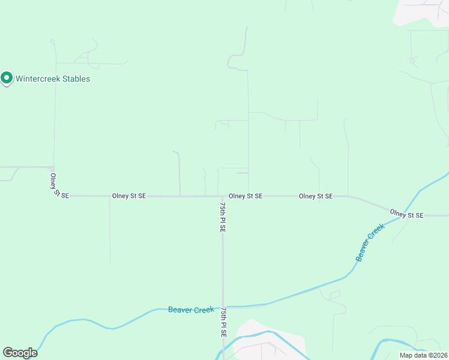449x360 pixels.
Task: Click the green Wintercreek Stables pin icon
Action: tap(7, 78)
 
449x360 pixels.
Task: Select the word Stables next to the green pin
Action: tap(77, 79)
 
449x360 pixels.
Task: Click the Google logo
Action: tap(20, 352)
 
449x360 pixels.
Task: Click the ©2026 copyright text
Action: tap(438, 355)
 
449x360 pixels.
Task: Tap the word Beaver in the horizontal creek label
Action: tap(180, 310)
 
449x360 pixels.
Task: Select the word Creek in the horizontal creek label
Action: tap(204, 310)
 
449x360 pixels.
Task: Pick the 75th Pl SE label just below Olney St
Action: tap(223, 217)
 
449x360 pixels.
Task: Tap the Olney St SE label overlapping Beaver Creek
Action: tap(406, 214)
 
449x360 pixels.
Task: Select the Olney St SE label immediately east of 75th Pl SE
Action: tap(246, 196)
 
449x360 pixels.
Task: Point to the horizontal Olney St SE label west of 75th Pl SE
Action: tap(128, 196)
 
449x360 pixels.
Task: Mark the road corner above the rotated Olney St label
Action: tap(53, 168)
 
